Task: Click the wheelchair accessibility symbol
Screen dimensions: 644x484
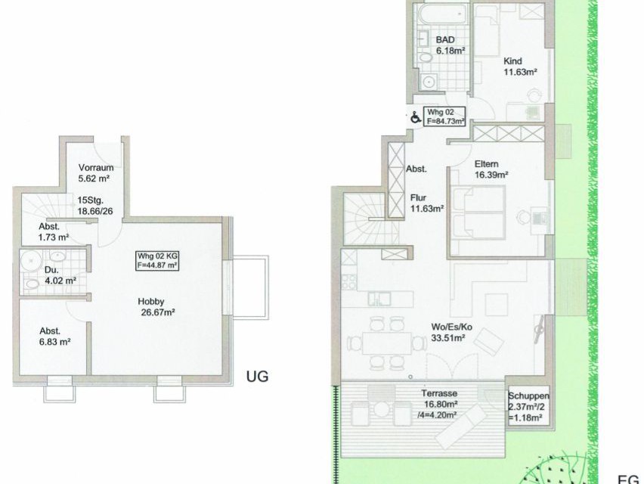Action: click(x=416, y=117)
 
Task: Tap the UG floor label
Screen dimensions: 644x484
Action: click(x=257, y=376)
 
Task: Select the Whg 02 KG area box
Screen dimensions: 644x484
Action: click(x=157, y=260)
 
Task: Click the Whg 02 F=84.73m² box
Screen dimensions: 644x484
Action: click(x=444, y=116)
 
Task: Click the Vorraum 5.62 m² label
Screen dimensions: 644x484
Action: click(x=95, y=173)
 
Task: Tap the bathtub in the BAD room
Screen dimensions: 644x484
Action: click(x=441, y=14)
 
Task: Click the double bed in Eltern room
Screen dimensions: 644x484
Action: click(x=478, y=213)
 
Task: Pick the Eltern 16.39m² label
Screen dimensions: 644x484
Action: click(x=491, y=169)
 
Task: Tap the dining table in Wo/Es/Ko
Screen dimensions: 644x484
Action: click(x=386, y=343)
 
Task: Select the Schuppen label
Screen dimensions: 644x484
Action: click(x=528, y=396)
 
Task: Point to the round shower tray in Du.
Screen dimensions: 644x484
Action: click(x=31, y=260)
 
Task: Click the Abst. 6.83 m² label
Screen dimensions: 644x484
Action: click(x=55, y=336)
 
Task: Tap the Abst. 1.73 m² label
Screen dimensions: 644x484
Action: click(x=54, y=231)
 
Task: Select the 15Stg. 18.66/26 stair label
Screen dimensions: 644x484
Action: click(x=95, y=206)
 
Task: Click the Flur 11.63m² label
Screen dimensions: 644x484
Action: click(x=427, y=203)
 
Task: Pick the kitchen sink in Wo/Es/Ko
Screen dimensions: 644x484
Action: click(x=379, y=299)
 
